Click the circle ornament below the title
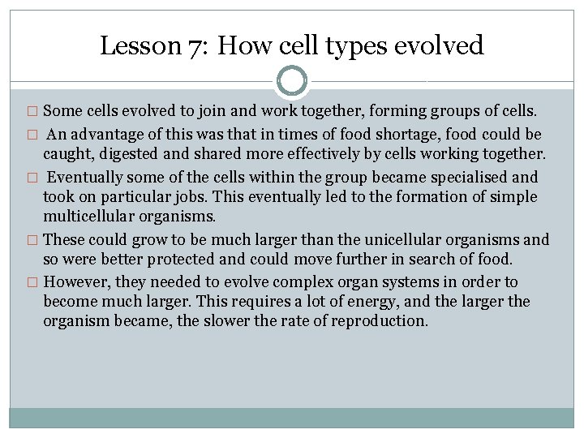292,81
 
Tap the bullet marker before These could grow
32,241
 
